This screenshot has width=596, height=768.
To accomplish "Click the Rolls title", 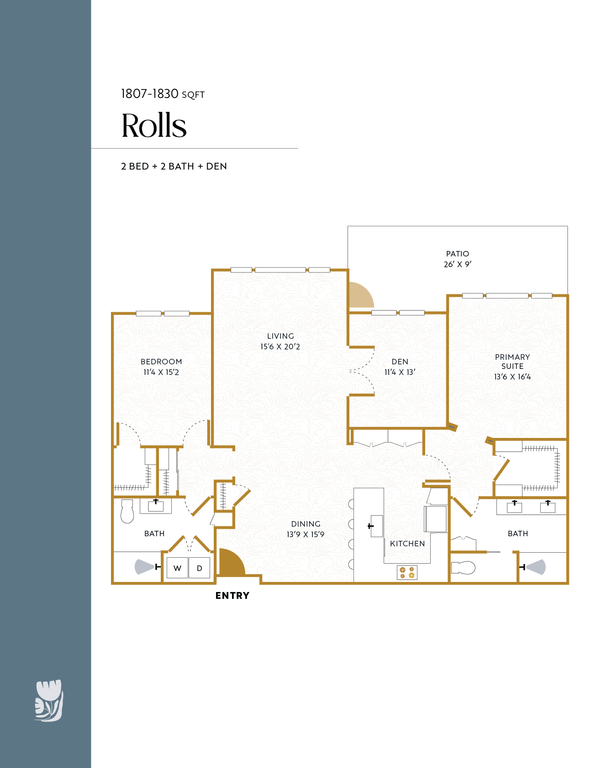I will [154, 126].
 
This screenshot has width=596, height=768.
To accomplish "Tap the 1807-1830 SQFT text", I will [163, 94].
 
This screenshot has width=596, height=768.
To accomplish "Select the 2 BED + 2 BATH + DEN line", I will [174, 166].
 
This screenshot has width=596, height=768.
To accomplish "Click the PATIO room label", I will [457, 254].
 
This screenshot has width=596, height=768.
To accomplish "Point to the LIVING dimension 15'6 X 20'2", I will [280, 347].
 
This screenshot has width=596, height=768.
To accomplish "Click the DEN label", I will [400, 362].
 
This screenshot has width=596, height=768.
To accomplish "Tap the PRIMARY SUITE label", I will [512, 362].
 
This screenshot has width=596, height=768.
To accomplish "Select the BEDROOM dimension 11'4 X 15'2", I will [161, 373].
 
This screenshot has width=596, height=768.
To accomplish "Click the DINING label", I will [306, 524].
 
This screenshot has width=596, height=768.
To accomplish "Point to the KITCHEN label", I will [407, 544].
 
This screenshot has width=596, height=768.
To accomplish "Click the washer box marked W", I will [177, 568].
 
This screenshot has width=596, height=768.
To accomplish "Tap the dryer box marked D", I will [200, 568].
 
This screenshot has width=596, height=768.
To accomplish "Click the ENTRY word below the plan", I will [232, 596].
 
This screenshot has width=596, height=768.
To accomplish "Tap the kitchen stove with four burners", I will [407, 572].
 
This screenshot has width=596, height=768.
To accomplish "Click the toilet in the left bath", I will [127, 512].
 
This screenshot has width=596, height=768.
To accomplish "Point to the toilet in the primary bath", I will [463, 568].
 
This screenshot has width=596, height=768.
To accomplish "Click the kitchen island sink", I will [376, 526].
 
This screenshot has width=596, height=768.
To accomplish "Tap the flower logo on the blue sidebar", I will [49, 701].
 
